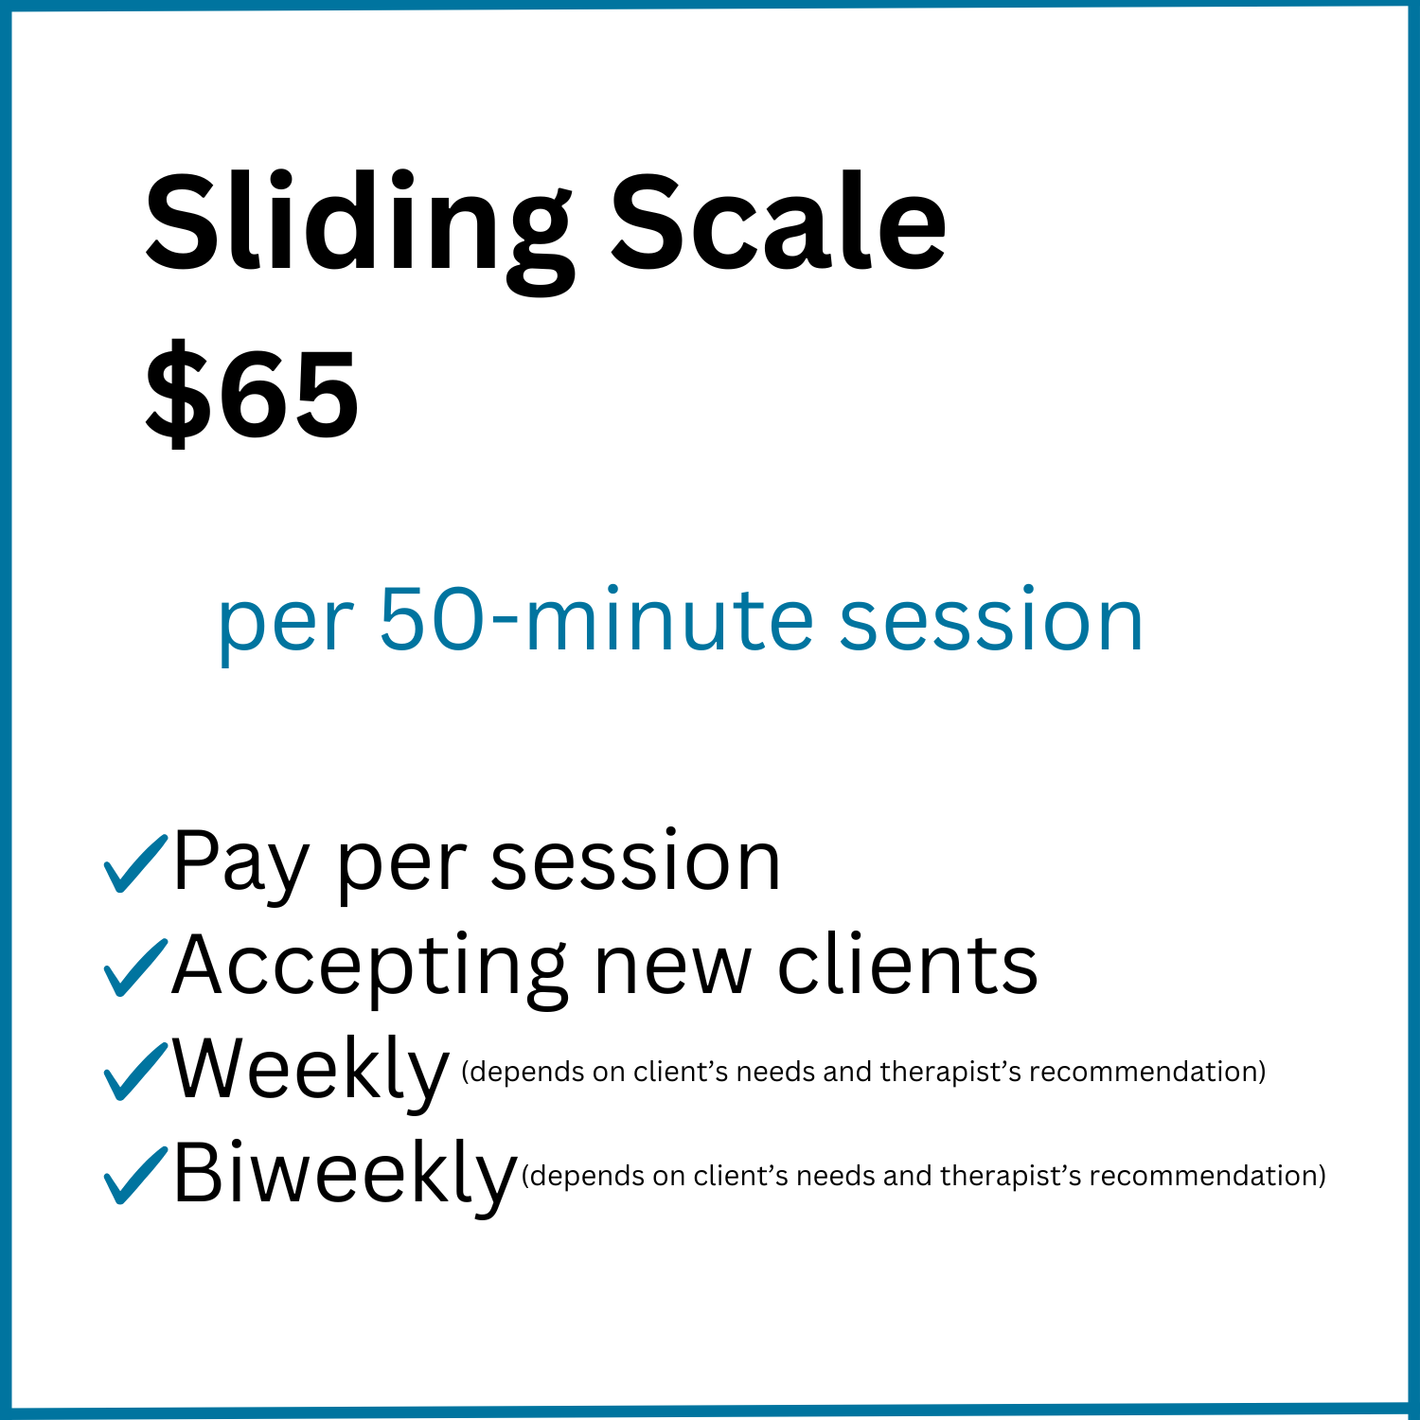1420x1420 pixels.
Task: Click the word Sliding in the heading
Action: (x=359, y=227)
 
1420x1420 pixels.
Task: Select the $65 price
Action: (x=252, y=394)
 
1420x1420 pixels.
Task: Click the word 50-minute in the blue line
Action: (x=595, y=620)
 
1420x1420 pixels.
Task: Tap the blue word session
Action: (x=991, y=620)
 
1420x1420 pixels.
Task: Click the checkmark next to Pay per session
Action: (x=134, y=862)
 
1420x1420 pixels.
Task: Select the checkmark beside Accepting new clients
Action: (x=134, y=967)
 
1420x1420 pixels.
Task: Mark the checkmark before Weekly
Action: (x=134, y=1071)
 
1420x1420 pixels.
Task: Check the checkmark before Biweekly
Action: (x=134, y=1175)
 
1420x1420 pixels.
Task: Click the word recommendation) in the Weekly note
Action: (x=1147, y=1072)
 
